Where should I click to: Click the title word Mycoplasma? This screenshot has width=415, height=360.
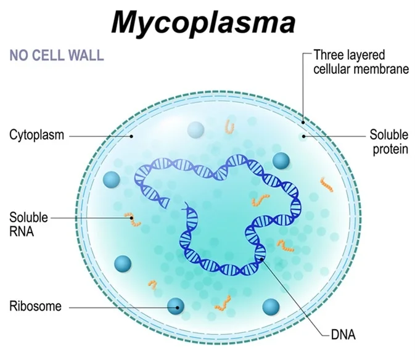pos(203,22)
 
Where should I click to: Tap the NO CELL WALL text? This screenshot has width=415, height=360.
pos(56,55)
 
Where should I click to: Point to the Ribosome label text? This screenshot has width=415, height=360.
pos(35,306)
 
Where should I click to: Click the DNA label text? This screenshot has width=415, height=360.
pos(343,336)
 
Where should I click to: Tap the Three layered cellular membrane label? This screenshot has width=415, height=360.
pos(361,62)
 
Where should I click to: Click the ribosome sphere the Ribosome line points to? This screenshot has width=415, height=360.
pos(177,305)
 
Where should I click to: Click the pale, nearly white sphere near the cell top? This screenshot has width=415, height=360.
pos(195,129)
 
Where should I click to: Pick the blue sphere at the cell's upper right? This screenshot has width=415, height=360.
pos(281,161)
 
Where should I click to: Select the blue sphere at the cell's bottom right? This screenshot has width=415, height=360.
pos(271,306)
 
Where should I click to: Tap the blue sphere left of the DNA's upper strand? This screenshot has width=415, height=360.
pos(112,179)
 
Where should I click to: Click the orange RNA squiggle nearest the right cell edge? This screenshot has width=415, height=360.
pos(326,184)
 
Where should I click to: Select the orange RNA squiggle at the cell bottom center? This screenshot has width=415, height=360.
pos(222,303)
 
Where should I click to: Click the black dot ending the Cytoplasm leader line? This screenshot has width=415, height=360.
pos(130,136)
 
